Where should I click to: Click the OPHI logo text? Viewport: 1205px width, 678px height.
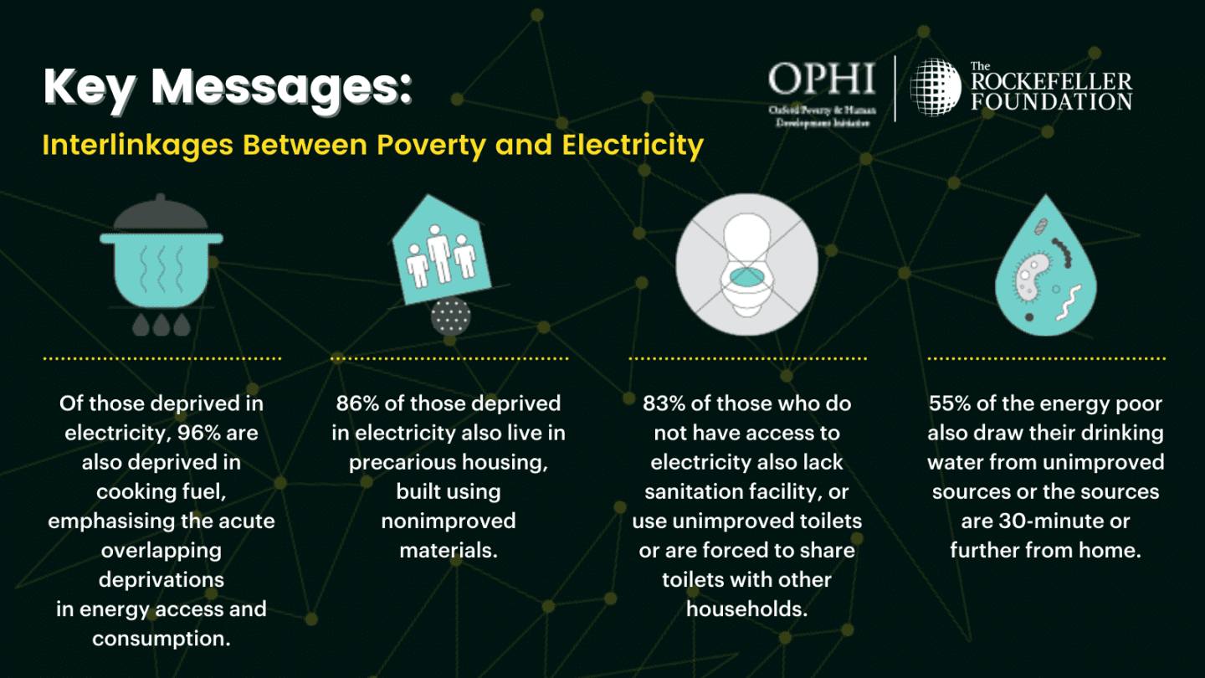click(822, 79)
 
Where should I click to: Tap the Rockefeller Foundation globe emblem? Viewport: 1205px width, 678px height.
click(935, 87)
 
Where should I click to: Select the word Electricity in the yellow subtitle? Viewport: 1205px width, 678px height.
click(633, 146)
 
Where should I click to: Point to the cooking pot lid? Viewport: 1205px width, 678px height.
click(161, 213)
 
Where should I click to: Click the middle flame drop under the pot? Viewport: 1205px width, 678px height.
click(162, 325)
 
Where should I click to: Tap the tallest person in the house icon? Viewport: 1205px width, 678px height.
click(439, 254)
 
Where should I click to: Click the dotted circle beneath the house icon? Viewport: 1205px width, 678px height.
click(451, 316)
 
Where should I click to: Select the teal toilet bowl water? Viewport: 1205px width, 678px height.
click(746, 277)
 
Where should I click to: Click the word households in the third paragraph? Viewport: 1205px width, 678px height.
click(746, 609)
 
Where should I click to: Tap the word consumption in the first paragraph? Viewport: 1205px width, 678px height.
click(162, 639)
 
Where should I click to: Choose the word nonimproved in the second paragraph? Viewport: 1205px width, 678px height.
click(449, 521)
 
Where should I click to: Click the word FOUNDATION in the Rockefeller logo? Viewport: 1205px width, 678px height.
click(1052, 101)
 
